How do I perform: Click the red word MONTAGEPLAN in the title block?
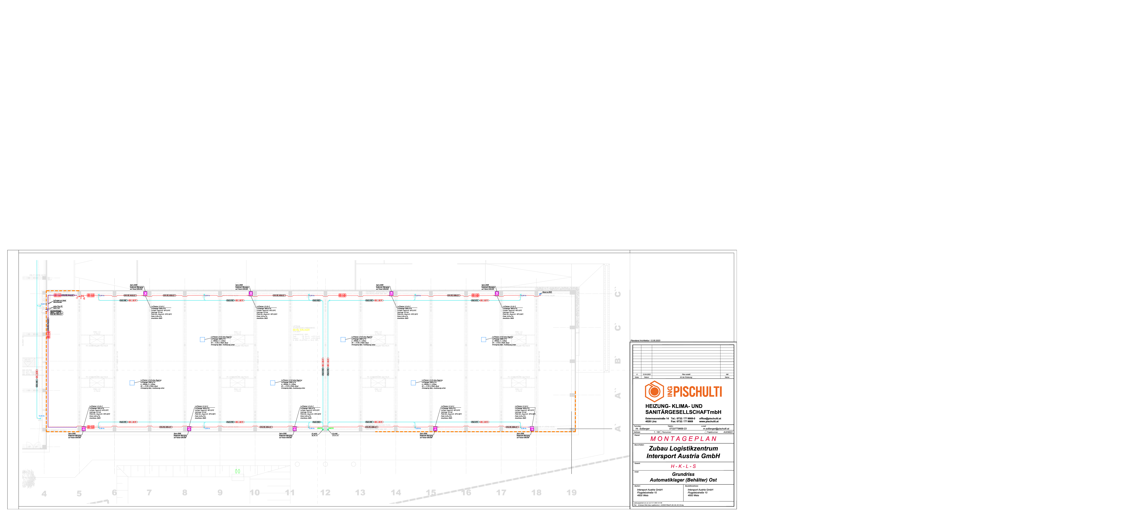(683, 439)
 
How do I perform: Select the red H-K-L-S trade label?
(683, 466)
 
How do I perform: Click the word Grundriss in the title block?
(683, 474)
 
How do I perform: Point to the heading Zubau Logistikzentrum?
(683, 448)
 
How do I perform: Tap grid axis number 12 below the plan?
(325, 492)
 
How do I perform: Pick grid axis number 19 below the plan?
(571, 492)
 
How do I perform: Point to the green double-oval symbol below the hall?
(238, 471)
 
